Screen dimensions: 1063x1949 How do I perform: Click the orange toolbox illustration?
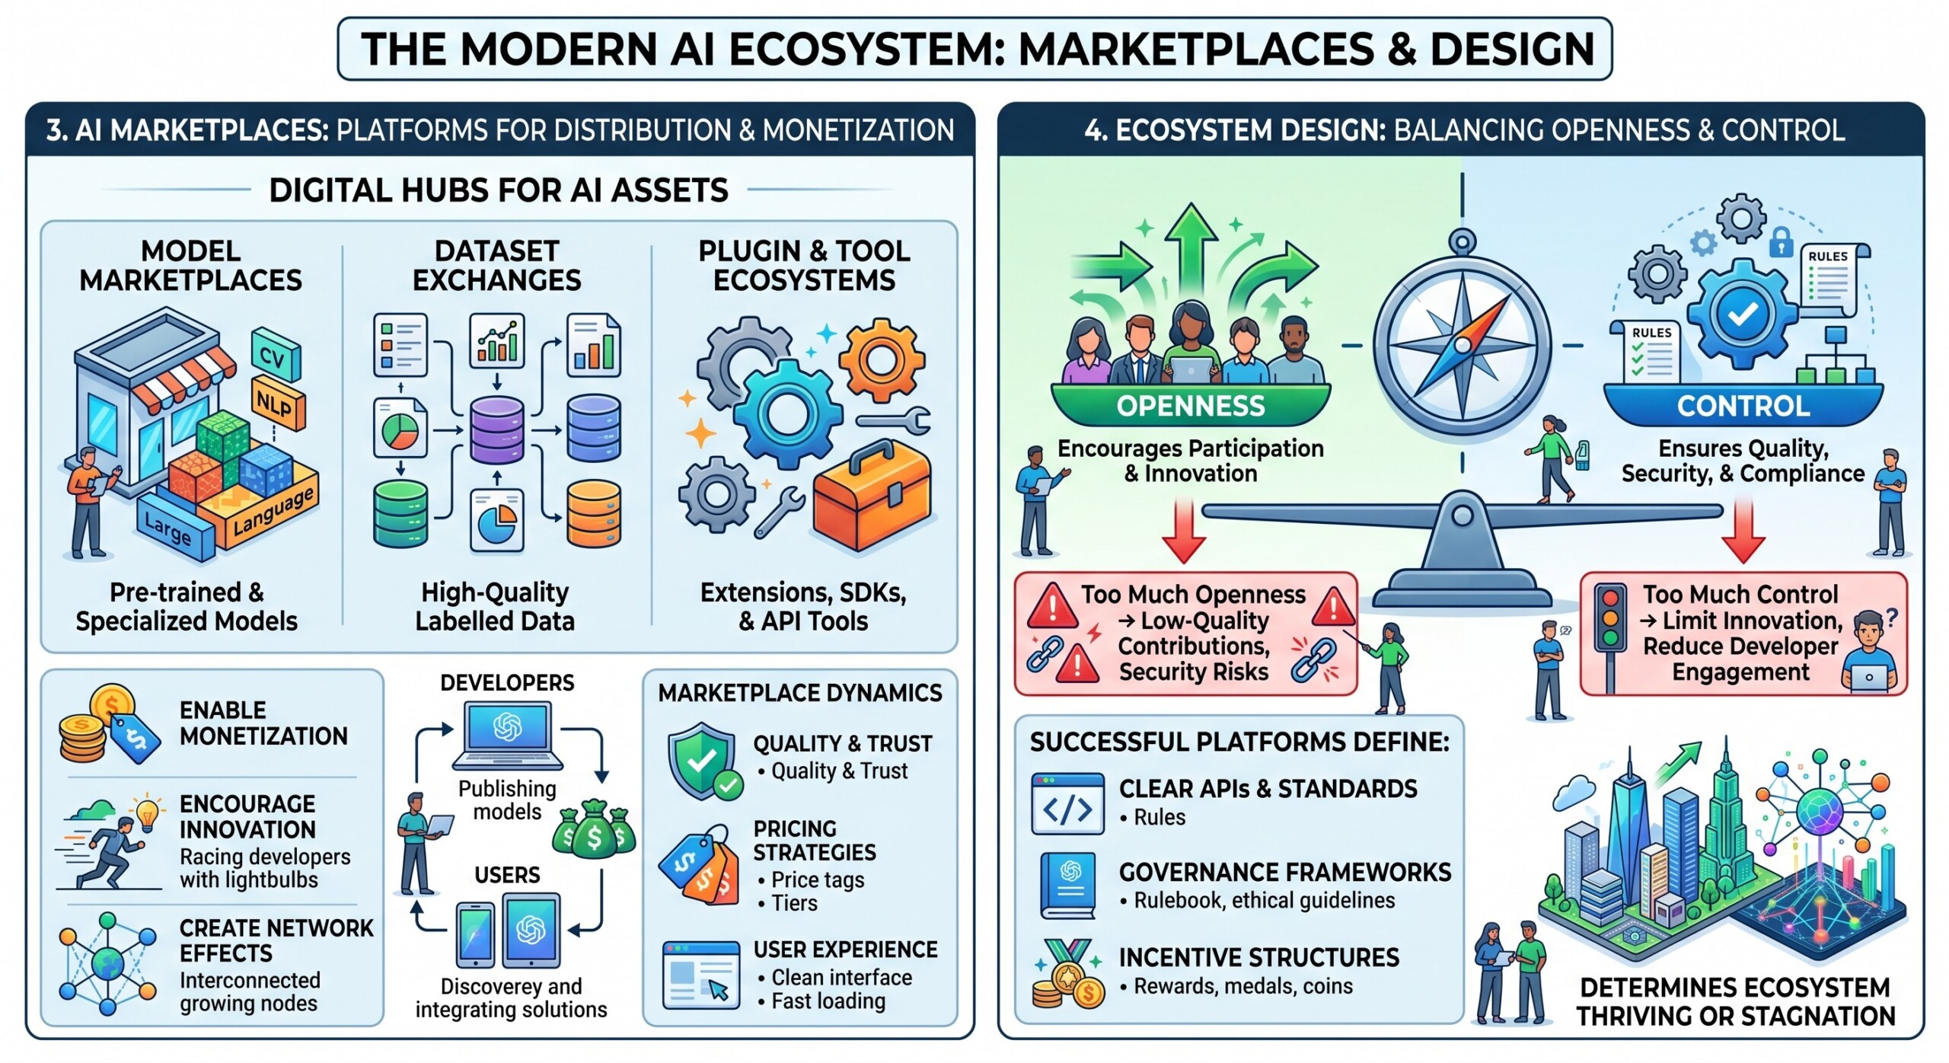(872, 495)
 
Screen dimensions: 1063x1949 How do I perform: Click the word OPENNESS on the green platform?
(1190, 406)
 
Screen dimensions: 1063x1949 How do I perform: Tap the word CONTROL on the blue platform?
(1743, 406)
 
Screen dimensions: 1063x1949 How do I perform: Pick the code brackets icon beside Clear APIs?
(1067, 804)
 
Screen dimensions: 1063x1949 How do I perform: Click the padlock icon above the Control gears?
(1780, 243)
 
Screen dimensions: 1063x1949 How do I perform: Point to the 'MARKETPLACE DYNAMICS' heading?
(799, 693)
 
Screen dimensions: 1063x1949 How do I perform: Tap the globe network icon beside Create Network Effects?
(108, 964)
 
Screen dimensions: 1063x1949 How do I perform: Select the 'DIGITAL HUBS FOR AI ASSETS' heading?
(499, 190)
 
